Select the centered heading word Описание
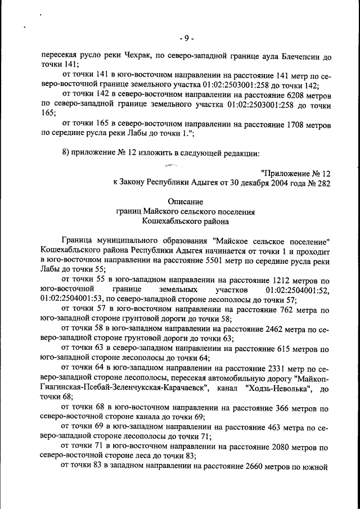click(186, 201)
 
